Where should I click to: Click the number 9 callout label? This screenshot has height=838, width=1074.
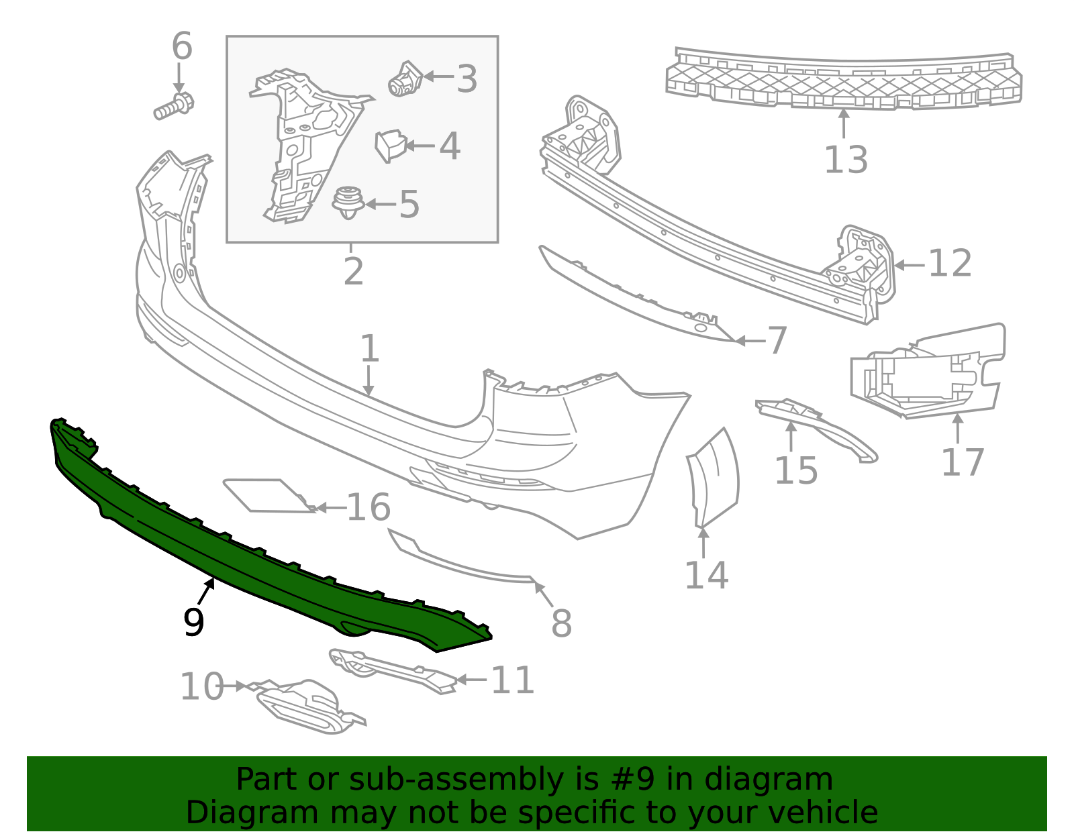(x=193, y=623)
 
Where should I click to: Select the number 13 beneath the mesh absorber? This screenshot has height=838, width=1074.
(x=845, y=160)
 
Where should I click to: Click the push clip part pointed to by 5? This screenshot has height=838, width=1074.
(x=347, y=203)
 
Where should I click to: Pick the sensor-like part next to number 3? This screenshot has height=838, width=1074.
(x=405, y=78)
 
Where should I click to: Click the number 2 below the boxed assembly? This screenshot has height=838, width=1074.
(x=353, y=271)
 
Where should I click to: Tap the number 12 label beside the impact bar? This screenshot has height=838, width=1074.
(x=949, y=263)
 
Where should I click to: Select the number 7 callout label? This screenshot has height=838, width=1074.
(x=777, y=341)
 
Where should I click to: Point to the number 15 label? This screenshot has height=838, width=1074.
(x=796, y=470)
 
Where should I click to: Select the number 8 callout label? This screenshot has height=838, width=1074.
(x=561, y=623)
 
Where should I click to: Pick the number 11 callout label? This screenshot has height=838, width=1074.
(x=512, y=680)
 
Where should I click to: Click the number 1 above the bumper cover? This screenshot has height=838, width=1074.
(x=369, y=349)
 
